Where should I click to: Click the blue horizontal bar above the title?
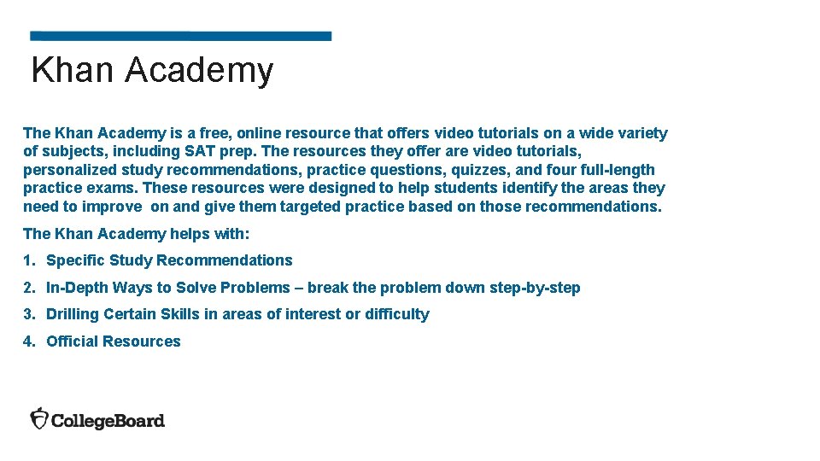click(x=180, y=37)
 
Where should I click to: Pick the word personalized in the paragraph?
click(x=63, y=170)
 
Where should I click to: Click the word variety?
click(x=641, y=133)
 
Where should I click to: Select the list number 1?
click(x=28, y=260)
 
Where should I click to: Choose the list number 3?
click(x=28, y=314)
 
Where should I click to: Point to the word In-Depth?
click(x=77, y=288)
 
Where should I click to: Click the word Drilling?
click(x=73, y=314)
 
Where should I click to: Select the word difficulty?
click(x=397, y=314)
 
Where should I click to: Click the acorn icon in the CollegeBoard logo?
click(x=39, y=418)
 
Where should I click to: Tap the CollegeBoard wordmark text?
click(x=108, y=420)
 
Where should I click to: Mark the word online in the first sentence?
click(x=260, y=133)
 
